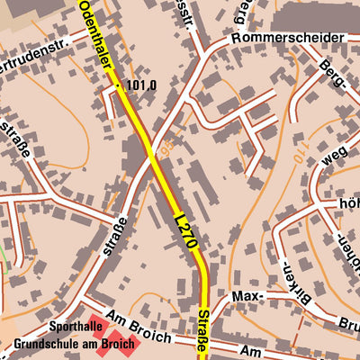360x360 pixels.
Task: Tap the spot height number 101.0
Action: (x=142, y=85)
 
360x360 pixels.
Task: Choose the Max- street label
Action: (x=247, y=295)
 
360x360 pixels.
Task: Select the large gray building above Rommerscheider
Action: (x=315, y=15)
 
